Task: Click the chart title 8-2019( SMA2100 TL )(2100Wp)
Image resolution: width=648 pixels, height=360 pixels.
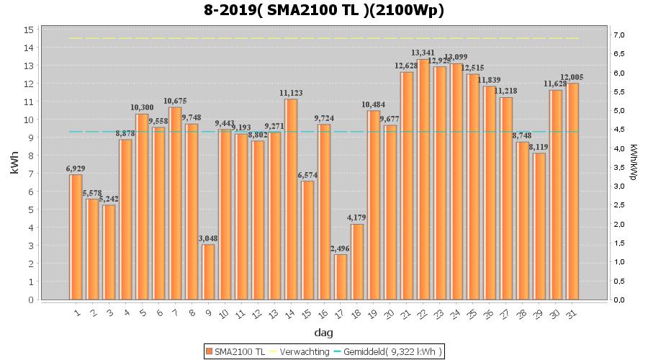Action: tap(323, 11)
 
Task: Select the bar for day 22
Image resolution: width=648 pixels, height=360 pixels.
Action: tap(423, 179)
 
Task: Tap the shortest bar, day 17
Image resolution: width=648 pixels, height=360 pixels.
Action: tap(341, 276)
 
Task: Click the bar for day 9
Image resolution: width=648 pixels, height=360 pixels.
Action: tap(208, 271)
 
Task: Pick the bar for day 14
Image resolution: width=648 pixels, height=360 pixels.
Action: tap(291, 199)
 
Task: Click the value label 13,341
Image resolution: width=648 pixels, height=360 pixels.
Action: tap(423, 53)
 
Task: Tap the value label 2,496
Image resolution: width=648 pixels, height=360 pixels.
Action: tap(340, 248)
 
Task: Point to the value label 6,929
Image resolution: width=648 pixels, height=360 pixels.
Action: tap(76, 168)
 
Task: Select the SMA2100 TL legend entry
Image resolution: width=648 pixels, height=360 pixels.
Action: tap(235, 351)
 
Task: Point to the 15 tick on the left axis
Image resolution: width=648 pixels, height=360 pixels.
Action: tap(30, 30)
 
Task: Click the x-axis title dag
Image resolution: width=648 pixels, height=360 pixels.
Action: tap(323, 333)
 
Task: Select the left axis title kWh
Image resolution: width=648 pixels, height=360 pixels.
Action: tap(15, 164)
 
